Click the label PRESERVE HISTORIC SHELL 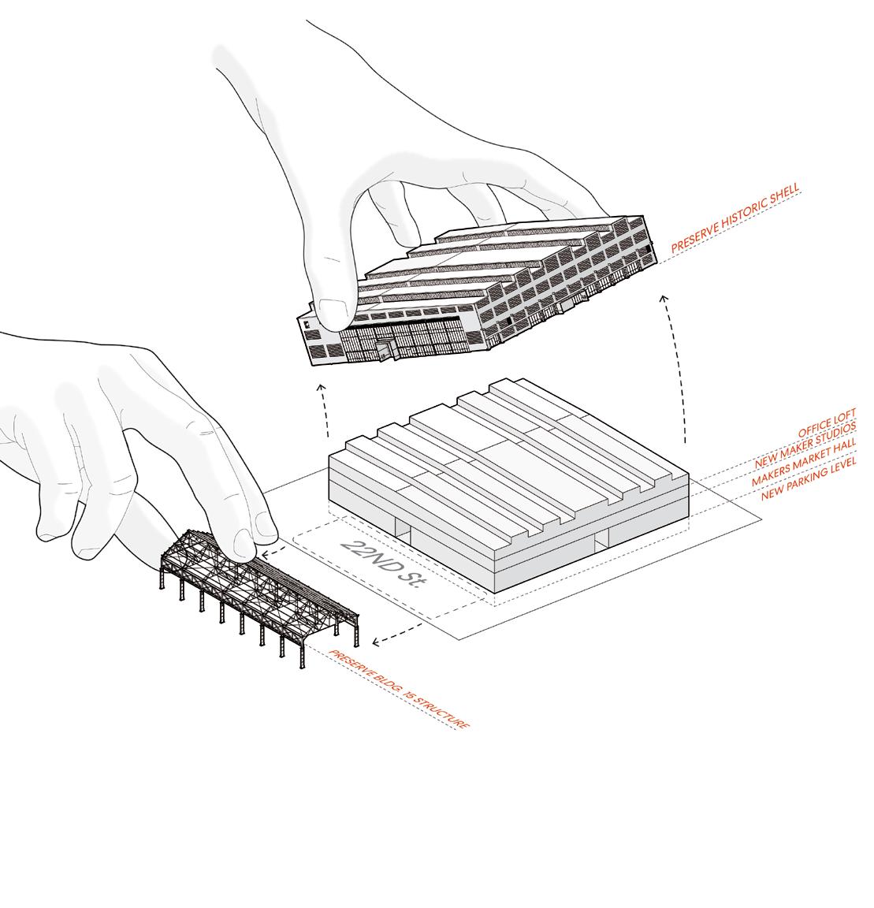point(735,219)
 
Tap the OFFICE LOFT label point(826,424)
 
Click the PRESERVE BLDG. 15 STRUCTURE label point(399,689)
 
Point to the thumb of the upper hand point(335,307)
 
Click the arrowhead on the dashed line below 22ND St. point(376,642)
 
